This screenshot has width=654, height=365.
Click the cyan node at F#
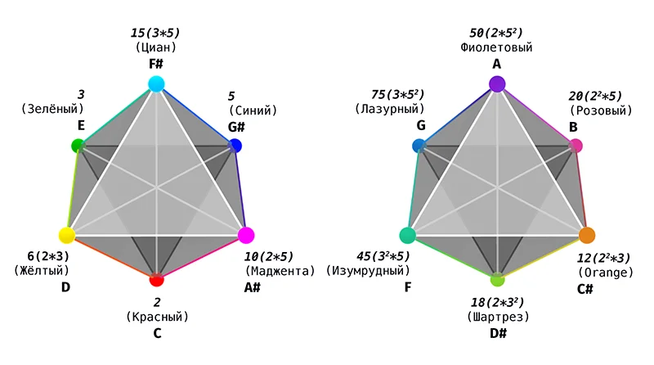pos(156,84)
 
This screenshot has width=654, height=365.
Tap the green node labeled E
pos(78,146)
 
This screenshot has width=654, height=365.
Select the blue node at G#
pos(235,146)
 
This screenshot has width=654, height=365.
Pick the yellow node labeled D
pos(67,235)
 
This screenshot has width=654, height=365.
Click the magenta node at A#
pos(246,235)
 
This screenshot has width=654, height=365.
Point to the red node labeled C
pos(156,279)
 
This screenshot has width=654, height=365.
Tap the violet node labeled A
pos(497,84)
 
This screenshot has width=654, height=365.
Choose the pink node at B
pos(576,146)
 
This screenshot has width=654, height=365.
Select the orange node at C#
pos(587,235)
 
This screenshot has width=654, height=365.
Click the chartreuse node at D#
pos(497,279)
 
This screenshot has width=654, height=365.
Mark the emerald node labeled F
pos(407,235)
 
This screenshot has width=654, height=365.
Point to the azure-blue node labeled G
pos(419,146)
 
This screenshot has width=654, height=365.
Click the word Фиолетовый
pos(496,47)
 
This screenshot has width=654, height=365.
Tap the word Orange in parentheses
pos(606,273)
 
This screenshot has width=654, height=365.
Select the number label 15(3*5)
pos(155,33)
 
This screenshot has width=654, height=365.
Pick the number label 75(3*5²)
pos(397,94)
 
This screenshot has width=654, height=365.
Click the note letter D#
pos(498,333)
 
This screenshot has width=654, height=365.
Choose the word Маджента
pos(280,271)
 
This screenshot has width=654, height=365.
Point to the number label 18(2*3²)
pos(497,302)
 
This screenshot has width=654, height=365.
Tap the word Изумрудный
pos(368,271)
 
